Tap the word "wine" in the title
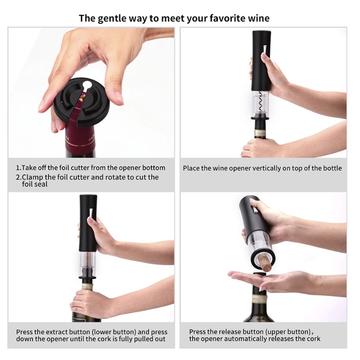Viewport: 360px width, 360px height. click(x=259, y=18)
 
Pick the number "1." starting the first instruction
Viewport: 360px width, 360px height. click(x=18, y=168)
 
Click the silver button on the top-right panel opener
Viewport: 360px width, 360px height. click(x=264, y=50)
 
